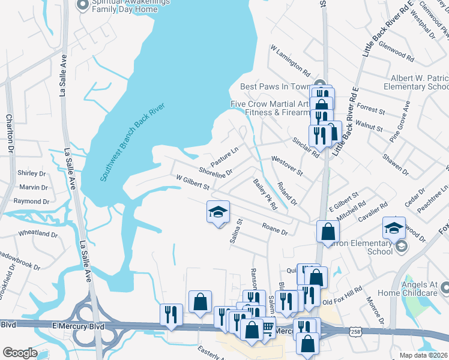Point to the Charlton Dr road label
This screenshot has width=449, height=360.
9,134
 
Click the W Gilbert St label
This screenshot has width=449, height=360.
192,182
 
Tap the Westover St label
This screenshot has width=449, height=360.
288,166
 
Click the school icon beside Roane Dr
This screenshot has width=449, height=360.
218,212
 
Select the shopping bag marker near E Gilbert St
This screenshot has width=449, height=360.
328,231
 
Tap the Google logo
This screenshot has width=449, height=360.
19,353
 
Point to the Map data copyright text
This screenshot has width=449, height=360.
424,355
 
